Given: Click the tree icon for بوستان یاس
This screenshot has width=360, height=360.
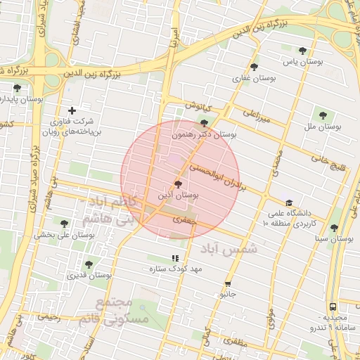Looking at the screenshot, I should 302,51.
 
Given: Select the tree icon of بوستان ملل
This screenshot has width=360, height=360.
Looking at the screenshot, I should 323,115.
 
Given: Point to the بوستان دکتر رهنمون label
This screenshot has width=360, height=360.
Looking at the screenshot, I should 205,133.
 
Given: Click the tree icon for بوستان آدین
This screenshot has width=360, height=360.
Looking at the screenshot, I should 177,184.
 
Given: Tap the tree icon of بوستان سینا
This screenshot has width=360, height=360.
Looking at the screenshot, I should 333,228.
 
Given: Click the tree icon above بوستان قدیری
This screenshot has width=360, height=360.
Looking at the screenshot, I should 88,264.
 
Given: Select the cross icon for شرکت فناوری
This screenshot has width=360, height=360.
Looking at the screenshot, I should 72,110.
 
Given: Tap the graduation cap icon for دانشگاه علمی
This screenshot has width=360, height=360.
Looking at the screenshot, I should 289,202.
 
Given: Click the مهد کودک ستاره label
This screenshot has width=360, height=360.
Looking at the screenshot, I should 175,269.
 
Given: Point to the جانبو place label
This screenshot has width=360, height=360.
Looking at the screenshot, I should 227,292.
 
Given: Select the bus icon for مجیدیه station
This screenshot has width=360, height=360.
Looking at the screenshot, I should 333,307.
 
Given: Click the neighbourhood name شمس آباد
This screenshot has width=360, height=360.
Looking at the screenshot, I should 229,249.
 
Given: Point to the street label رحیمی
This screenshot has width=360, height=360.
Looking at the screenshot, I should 49,318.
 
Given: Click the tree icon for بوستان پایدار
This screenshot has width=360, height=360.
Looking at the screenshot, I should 17,88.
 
